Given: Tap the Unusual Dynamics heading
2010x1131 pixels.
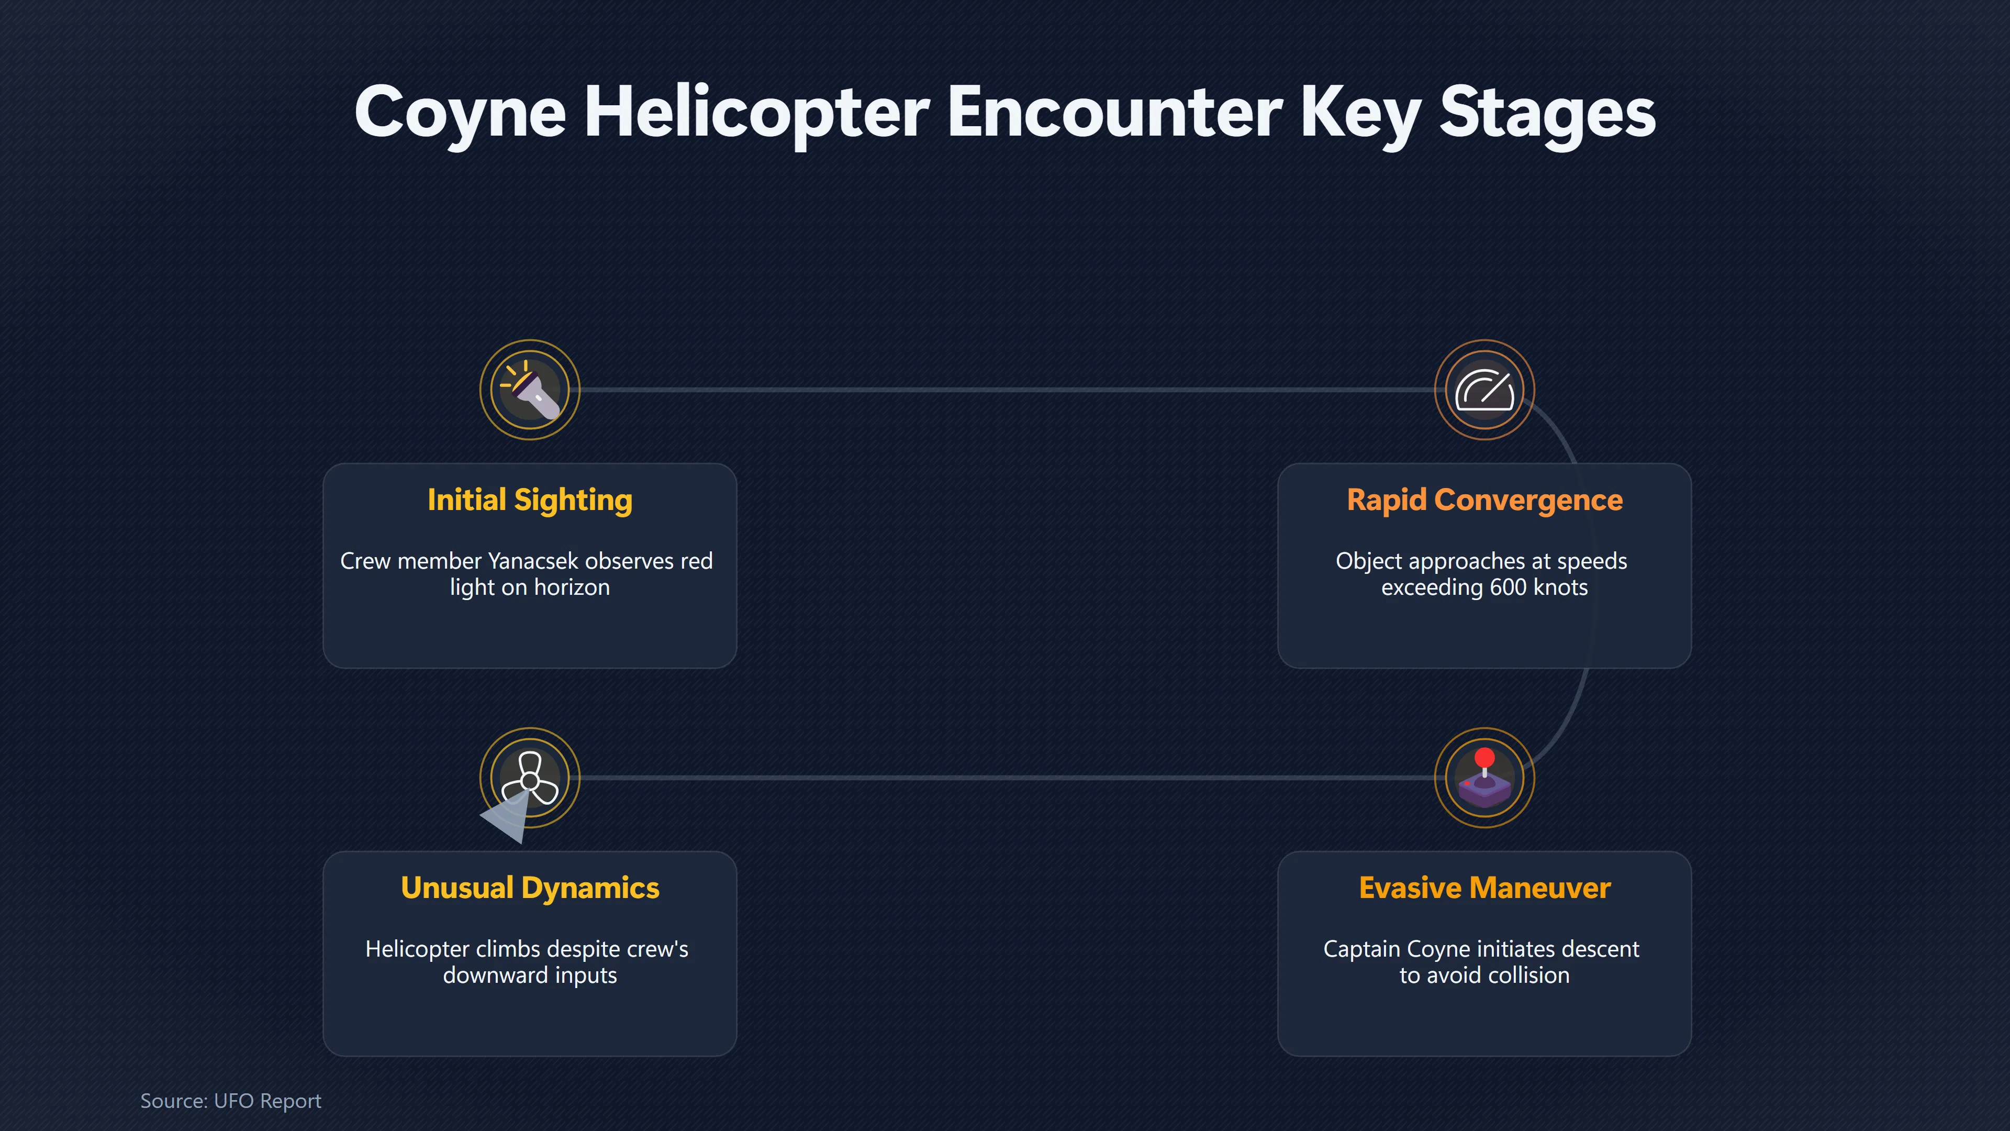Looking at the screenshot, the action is point(530,888).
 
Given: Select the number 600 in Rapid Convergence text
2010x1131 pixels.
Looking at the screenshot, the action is point(1507,587).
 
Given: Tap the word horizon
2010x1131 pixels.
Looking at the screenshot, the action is point(572,587).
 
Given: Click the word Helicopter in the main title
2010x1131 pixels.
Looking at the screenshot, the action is point(757,113).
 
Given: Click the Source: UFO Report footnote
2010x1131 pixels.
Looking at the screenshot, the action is point(230,1101).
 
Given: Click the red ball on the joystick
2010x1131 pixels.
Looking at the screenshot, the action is point(1485,757).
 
